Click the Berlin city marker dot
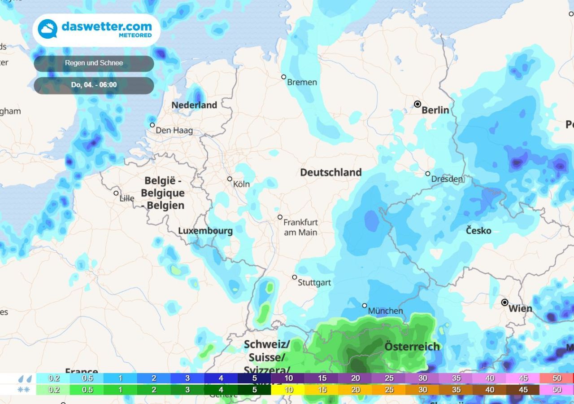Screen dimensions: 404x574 [x=417, y=104]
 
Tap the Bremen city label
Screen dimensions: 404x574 [x=302, y=82]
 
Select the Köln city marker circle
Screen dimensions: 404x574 [x=230, y=179]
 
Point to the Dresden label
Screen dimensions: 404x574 [x=447, y=179]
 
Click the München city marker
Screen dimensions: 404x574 [x=365, y=305]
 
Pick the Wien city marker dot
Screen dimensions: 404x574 [x=504, y=303]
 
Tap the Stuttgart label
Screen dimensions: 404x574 [x=314, y=283]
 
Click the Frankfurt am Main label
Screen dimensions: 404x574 [x=300, y=227]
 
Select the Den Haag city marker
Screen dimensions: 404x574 [x=152, y=125]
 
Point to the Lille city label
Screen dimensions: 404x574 [x=127, y=198]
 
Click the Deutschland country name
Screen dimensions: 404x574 [x=331, y=172]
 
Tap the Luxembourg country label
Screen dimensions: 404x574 [x=205, y=231]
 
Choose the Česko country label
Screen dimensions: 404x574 [x=478, y=231]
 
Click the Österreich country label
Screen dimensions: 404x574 [x=412, y=347]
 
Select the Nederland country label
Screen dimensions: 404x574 [x=194, y=105]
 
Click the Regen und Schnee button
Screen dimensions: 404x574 [x=94, y=63]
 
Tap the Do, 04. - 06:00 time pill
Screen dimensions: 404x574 [x=94, y=85]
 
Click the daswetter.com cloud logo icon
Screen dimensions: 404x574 [x=48, y=29]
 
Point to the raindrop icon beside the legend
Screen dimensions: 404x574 [x=25, y=378]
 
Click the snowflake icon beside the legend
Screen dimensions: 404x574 [x=24, y=390]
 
